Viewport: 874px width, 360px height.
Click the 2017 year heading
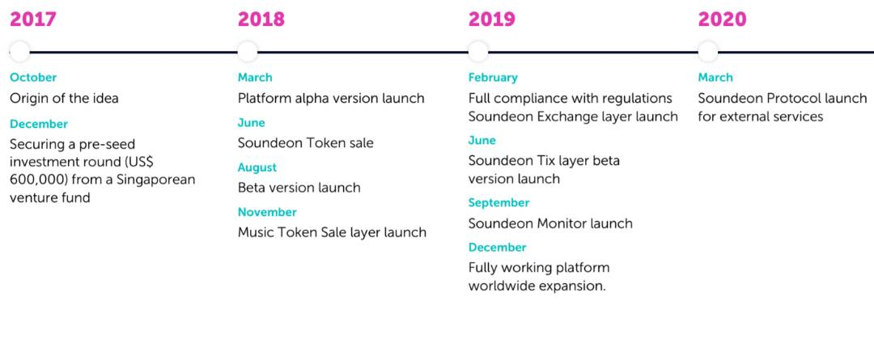pos(33,19)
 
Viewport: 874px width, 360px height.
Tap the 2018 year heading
pos(261,19)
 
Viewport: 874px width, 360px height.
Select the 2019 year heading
pos(492,19)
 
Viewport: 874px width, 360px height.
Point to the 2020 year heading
pos(722,19)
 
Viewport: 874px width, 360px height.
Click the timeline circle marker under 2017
pos(19,52)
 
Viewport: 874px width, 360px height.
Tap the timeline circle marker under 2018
pos(248,52)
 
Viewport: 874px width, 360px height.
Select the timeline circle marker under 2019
pos(477,52)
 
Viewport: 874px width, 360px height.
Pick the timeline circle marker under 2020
pos(708,52)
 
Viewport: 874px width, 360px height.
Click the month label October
pos(33,78)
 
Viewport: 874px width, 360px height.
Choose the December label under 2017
pos(39,125)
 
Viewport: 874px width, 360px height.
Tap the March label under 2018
pos(255,78)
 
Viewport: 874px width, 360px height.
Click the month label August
pos(257,167)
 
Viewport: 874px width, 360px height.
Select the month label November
pos(267,212)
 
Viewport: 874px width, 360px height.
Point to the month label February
pos(493,78)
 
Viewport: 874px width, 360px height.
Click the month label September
pos(499,203)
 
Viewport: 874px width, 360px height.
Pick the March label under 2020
pos(715,78)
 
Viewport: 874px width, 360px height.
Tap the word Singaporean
pos(159,180)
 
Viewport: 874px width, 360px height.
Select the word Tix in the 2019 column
pos(545,160)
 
